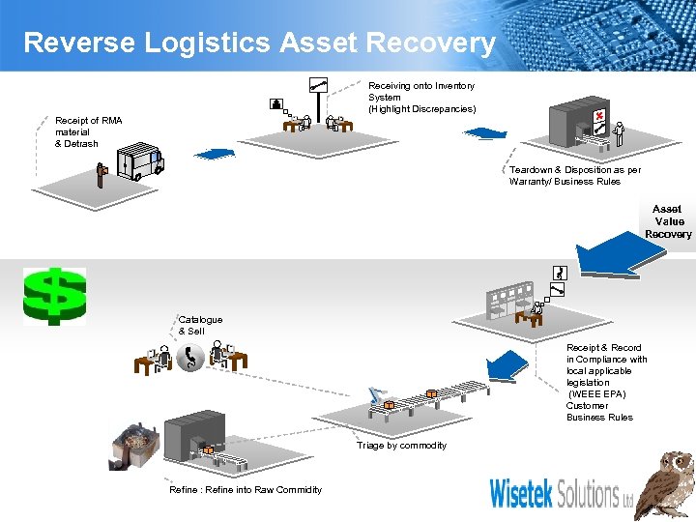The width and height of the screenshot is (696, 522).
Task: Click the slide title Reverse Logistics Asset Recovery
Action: tap(259, 43)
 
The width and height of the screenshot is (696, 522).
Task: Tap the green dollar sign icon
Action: tap(55, 296)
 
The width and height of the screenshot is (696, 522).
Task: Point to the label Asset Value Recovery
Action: tap(668, 221)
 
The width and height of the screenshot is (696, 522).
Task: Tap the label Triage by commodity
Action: tap(401, 446)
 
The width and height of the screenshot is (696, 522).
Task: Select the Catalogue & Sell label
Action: tap(200, 325)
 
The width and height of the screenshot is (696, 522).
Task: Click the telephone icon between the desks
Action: tap(190, 359)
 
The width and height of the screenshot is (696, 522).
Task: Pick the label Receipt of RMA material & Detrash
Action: tap(89, 132)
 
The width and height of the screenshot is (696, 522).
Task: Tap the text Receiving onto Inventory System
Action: tap(421, 97)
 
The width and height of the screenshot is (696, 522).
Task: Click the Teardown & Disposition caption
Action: tap(574, 175)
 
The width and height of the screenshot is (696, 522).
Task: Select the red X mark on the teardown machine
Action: tap(600, 118)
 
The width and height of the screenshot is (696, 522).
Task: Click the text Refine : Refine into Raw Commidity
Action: tap(246, 490)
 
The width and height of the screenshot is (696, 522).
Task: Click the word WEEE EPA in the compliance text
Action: tap(597, 394)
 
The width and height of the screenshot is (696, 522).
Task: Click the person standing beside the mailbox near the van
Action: tap(101, 174)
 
